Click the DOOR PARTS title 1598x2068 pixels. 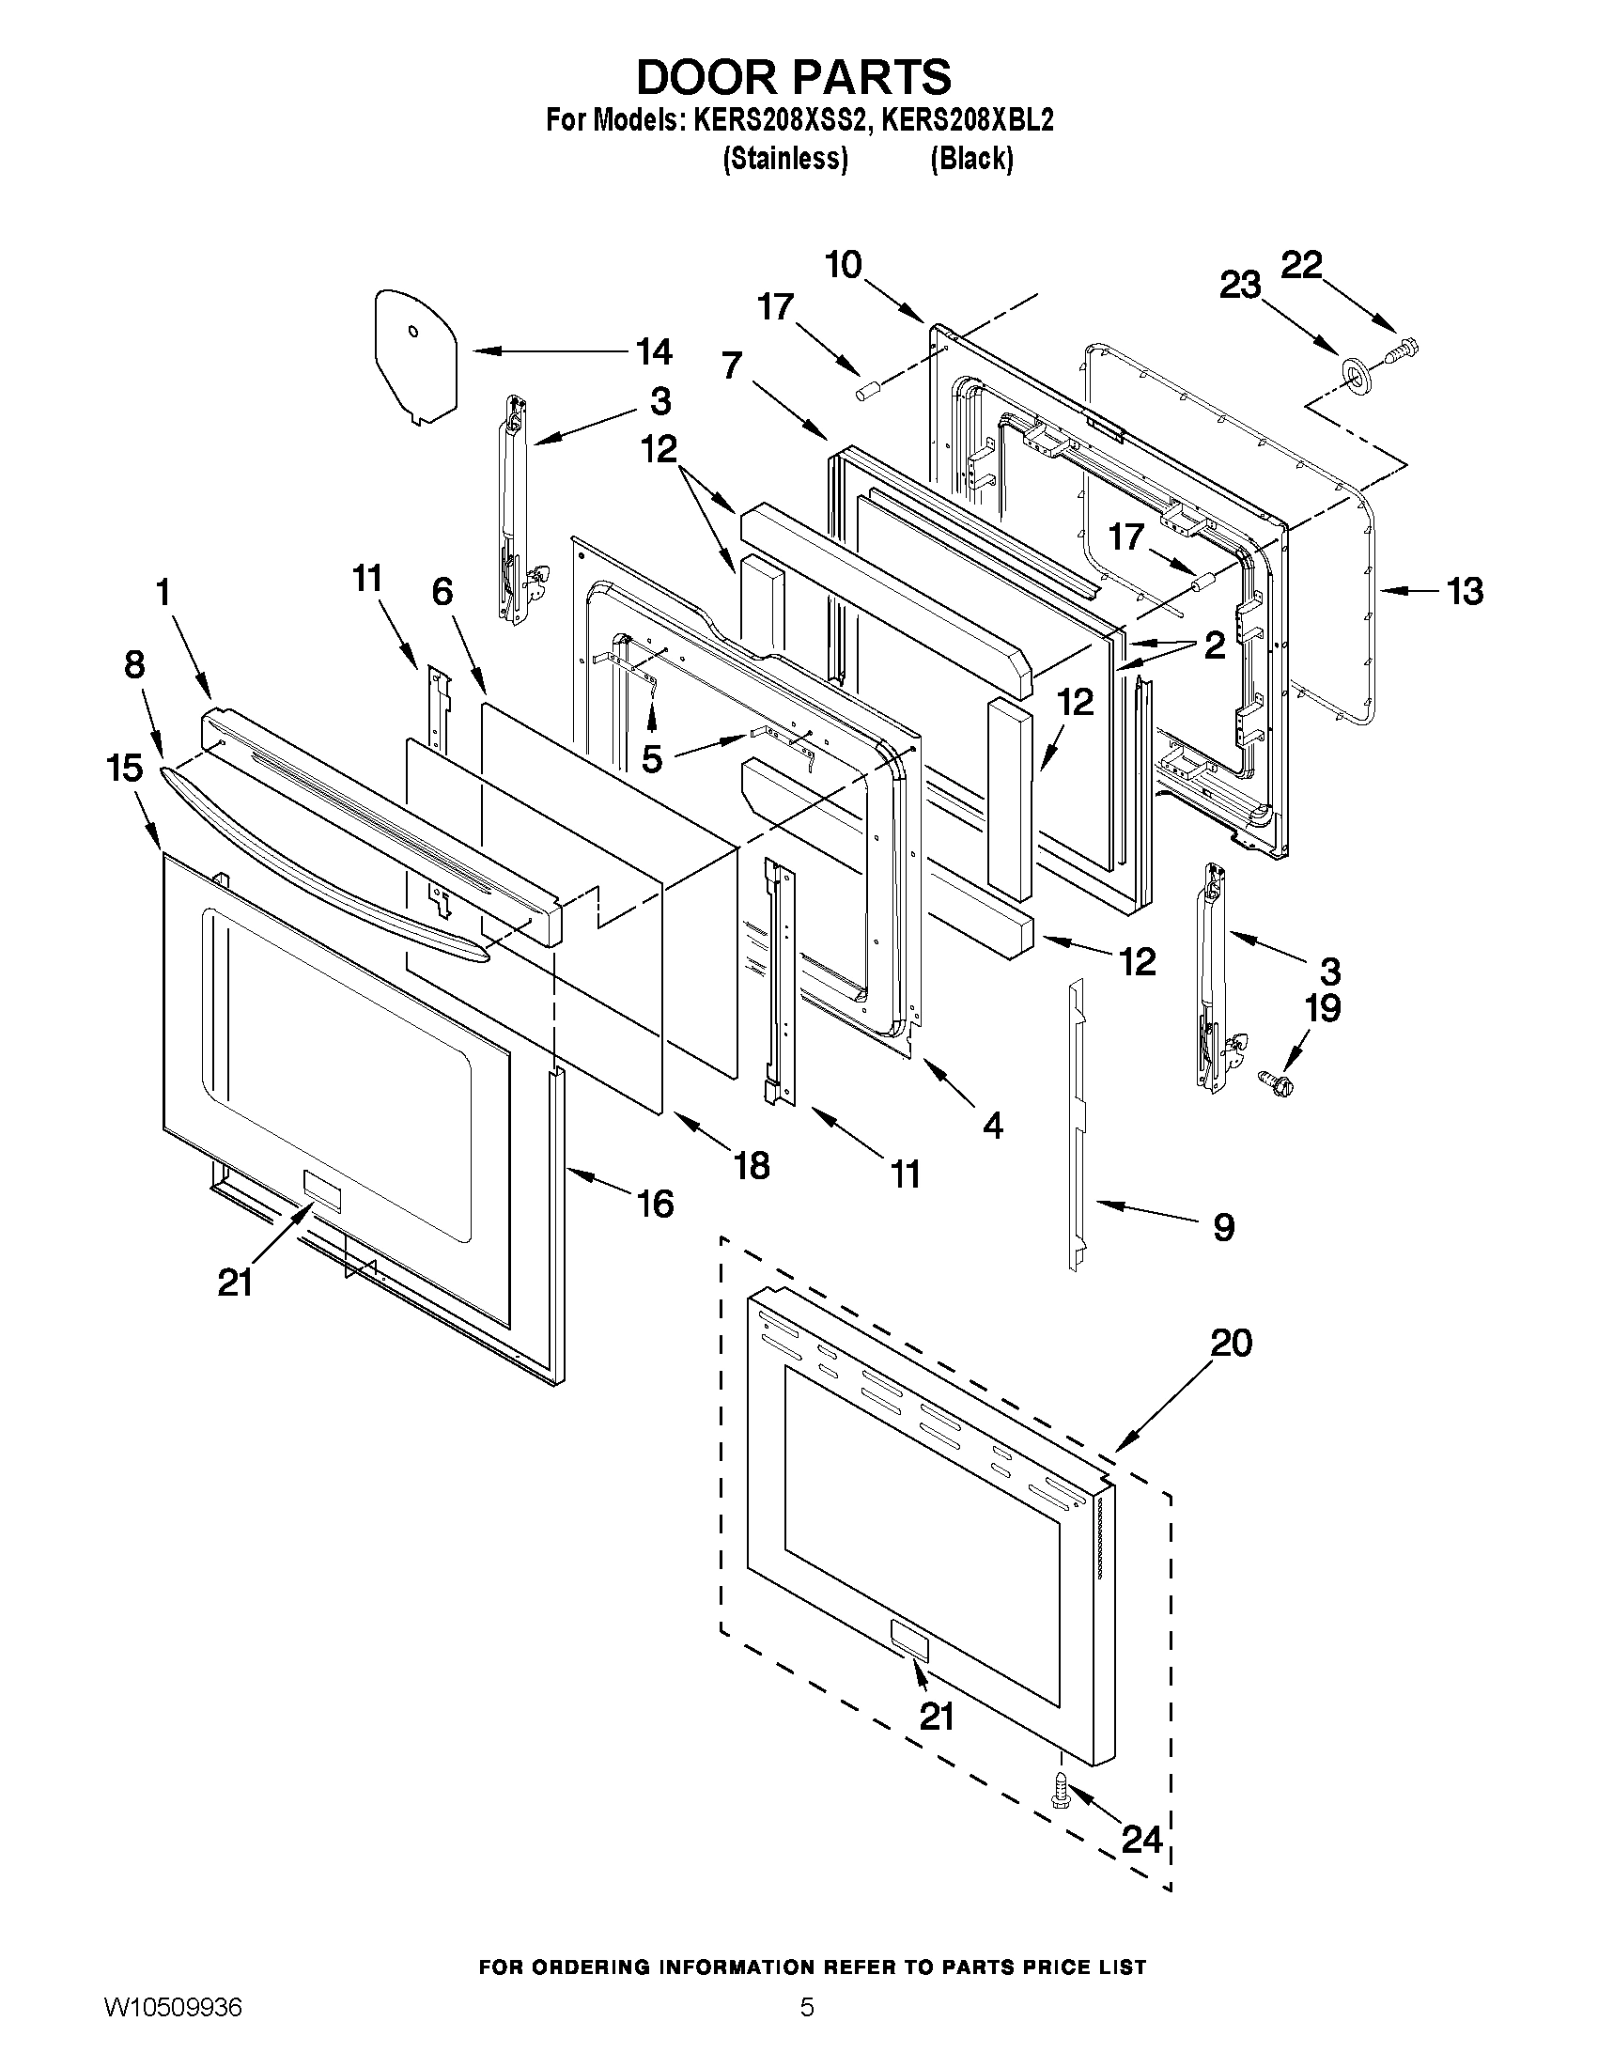[x=793, y=77]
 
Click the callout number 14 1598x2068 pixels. [x=652, y=351]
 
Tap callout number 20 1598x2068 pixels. [x=1231, y=1342]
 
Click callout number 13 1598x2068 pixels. [x=1464, y=591]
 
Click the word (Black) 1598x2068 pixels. [x=971, y=159]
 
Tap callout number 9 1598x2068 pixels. [x=1223, y=1227]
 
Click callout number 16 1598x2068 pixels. [x=654, y=1204]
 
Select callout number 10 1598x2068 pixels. [x=843, y=265]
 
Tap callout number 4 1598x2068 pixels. [x=991, y=1124]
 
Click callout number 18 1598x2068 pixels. [x=752, y=1165]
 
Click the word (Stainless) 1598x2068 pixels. [x=783, y=159]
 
